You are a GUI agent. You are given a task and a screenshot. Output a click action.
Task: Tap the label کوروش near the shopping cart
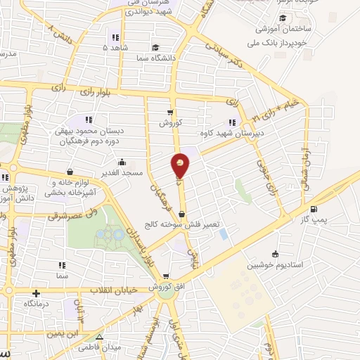click(x=171, y=122)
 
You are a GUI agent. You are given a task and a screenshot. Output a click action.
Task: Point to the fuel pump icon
click(x=314, y=209)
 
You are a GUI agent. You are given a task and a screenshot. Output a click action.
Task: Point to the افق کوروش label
click(x=165, y=288)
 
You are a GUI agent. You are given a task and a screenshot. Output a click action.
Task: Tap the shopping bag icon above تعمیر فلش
click(x=182, y=214)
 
